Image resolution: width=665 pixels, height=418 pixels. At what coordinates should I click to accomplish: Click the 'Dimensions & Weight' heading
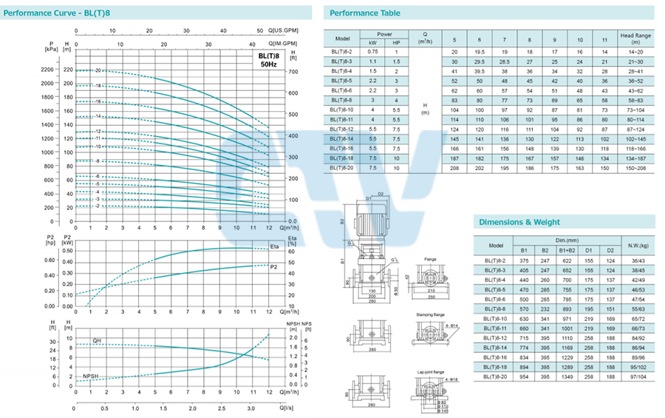519,221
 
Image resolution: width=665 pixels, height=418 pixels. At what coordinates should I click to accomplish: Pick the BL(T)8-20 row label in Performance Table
342,169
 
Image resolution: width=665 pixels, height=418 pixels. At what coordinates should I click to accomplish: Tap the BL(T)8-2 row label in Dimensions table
497,260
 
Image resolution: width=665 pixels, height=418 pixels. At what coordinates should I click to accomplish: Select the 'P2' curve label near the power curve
274,267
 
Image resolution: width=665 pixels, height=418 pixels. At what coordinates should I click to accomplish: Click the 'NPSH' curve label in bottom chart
92,376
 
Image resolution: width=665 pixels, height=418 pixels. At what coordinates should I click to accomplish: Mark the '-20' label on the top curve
97,70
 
